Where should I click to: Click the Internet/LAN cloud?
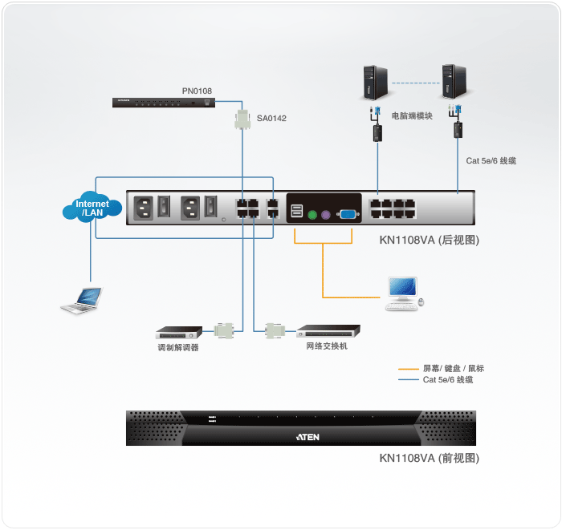(92, 208)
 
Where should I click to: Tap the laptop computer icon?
(82, 300)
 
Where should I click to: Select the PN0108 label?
(197, 91)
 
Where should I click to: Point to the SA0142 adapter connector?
(242, 121)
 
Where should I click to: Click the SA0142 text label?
(271, 119)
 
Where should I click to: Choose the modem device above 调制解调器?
(179, 330)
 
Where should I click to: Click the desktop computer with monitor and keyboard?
(403, 293)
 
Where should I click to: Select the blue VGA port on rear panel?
(348, 214)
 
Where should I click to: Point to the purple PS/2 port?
(326, 214)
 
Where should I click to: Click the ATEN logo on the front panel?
(300, 438)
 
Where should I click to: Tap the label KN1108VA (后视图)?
(430, 240)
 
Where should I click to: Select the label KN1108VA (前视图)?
(430, 459)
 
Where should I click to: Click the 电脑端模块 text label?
(412, 116)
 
